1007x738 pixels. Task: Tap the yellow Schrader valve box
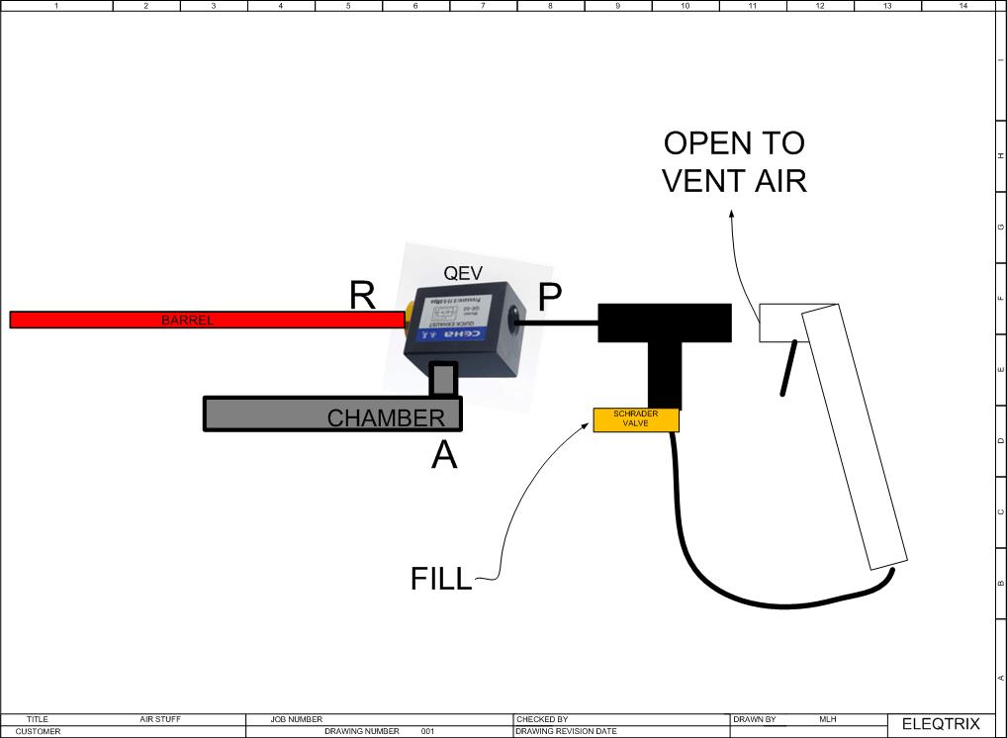pyautogui.click(x=636, y=419)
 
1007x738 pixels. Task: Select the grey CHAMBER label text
pyautogui.click(x=386, y=418)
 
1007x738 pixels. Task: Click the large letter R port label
pyautogui.click(x=363, y=296)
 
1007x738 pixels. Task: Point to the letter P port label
pyautogui.click(x=550, y=295)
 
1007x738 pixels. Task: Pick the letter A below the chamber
pyautogui.click(x=445, y=456)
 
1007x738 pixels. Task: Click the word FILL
pyautogui.click(x=441, y=579)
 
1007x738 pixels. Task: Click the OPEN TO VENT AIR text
pyautogui.click(x=734, y=161)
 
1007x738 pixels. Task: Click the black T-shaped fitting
pyautogui.click(x=666, y=336)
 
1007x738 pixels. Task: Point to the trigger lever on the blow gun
pyautogui.click(x=788, y=368)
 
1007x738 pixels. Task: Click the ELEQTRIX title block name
pyautogui.click(x=940, y=724)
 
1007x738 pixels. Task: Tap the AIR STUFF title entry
pyautogui.click(x=160, y=719)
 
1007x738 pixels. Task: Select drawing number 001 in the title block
pyautogui.click(x=427, y=732)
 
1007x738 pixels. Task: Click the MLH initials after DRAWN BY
pyautogui.click(x=829, y=719)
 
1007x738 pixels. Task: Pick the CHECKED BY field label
pyautogui.click(x=542, y=719)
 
